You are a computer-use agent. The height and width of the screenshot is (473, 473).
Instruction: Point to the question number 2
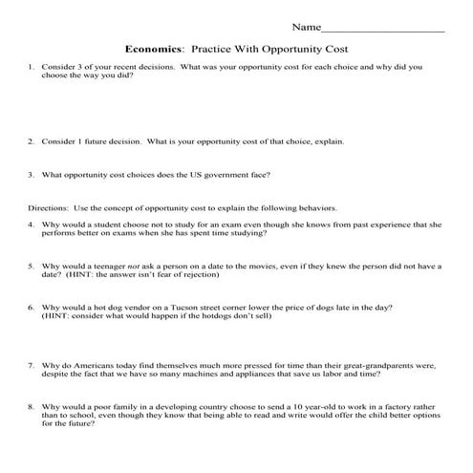32,140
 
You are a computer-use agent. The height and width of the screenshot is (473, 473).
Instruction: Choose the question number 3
32,175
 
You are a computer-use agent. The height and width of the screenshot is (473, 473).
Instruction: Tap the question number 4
32,225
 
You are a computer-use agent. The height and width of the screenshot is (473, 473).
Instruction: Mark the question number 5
32,266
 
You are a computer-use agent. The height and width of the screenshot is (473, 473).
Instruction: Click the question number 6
32,308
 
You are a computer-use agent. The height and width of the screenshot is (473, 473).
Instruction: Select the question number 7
32,365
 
